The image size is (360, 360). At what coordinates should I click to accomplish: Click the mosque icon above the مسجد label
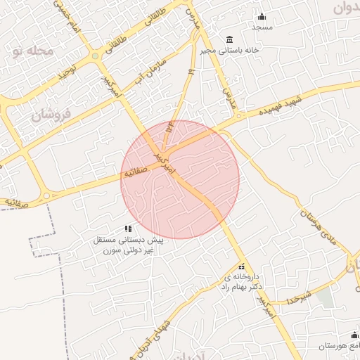pyautogui.click(x=263, y=16)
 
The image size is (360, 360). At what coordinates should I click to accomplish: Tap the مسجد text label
pyautogui.click(x=263, y=27)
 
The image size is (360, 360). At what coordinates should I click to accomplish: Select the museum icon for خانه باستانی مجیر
pyautogui.click(x=229, y=39)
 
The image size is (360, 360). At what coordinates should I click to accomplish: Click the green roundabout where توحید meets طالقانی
pyautogui.click(x=95, y=56)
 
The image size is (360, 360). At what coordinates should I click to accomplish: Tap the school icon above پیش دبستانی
pyautogui.click(x=128, y=229)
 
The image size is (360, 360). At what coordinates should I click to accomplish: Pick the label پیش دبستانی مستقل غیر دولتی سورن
pyautogui.click(x=128, y=245)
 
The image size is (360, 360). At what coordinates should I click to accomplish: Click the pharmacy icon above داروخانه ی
pyautogui.click(x=242, y=267)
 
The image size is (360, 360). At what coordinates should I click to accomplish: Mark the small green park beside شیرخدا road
pyautogui.click(x=324, y=296)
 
